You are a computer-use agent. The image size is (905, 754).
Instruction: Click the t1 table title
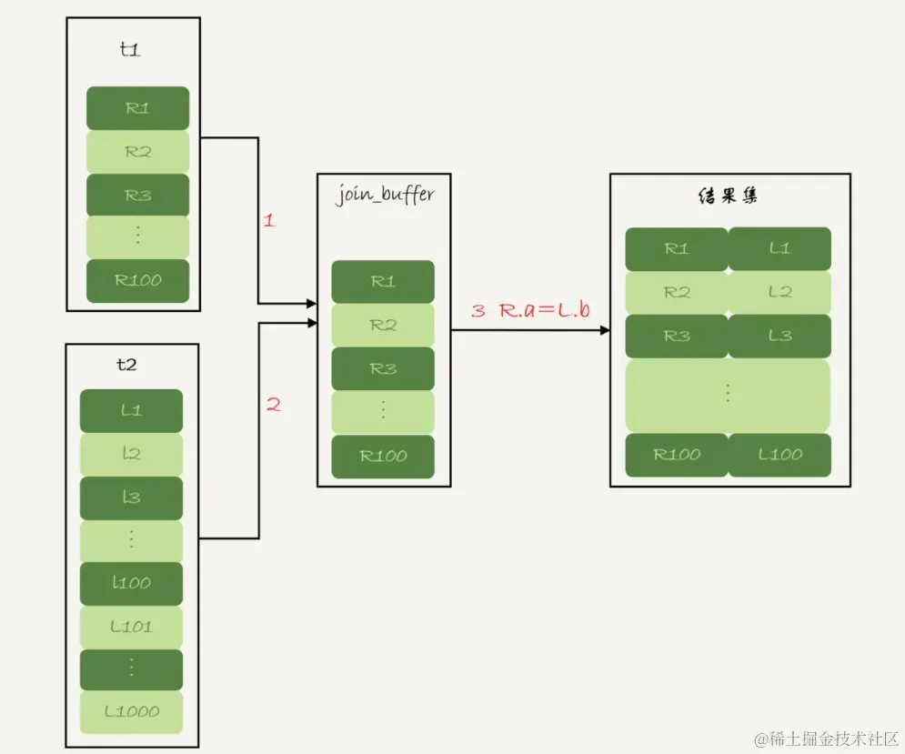[130, 50]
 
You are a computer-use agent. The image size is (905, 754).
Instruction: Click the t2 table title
[126, 365]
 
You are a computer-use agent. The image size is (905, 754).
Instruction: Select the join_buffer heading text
[385, 195]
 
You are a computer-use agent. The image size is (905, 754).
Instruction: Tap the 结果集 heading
[728, 196]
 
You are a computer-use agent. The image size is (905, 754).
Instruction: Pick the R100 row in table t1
[138, 280]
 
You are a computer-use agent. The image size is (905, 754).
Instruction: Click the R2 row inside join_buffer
[383, 325]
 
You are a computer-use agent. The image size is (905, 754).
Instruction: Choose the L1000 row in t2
[132, 712]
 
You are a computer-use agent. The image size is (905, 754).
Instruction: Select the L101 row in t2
[132, 627]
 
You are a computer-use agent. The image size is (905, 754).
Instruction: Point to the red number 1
[269, 220]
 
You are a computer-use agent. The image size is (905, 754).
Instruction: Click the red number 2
[274, 404]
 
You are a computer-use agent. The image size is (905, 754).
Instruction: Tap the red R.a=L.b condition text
[545, 310]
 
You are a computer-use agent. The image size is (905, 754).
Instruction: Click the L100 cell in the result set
[779, 455]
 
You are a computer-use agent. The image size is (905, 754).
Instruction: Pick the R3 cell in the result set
[677, 336]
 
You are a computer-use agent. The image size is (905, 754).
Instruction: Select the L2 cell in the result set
[779, 292]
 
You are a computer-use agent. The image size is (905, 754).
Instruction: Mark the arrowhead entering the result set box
[606, 330]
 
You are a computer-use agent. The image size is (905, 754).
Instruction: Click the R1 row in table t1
[138, 108]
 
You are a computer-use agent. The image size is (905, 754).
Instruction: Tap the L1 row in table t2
[132, 410]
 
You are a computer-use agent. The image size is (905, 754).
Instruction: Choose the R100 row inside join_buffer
[383, 457]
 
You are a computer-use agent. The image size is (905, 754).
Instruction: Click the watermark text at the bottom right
[826, 739]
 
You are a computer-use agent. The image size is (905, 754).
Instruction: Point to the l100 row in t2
[132, 583]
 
